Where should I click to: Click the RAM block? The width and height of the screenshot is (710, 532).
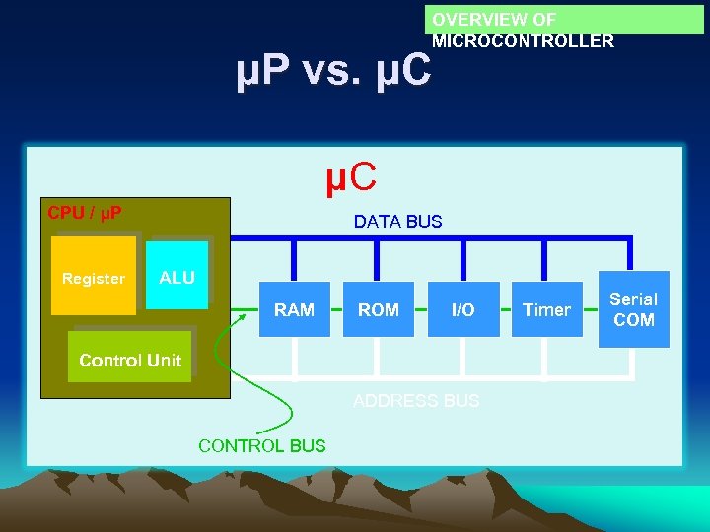coord(295,309)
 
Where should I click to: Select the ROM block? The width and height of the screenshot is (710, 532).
coord(379,309)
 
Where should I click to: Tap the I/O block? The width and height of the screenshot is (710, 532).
coord(462,309)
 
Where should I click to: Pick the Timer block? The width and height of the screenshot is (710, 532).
coord(547,309)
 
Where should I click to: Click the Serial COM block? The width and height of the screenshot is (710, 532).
coord(633,308)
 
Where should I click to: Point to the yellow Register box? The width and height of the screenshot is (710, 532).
coord(94,277)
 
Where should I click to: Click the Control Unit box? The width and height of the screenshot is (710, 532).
coord(130,360)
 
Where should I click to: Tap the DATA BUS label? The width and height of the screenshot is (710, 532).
coord(398,222)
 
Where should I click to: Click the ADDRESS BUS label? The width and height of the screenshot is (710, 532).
coord(416,401)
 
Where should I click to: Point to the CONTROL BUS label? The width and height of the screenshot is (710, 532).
coord(261,445)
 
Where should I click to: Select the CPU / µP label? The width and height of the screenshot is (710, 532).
coord(85,212)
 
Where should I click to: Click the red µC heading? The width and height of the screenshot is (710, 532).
coord(351,178)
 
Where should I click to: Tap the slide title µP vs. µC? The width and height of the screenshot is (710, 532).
coord(333,71)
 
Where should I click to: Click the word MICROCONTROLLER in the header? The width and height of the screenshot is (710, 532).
coord(523,41)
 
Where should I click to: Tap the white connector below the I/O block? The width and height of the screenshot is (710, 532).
coord(462,358)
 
